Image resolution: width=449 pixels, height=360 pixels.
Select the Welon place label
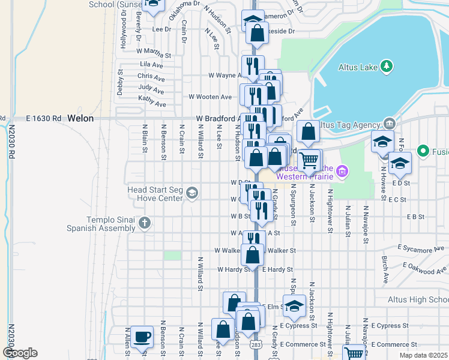[x=80, y=119]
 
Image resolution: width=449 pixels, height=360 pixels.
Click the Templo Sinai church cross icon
[x=144, y=224]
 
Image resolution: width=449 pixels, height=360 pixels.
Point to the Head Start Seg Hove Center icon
[x=191, y=193]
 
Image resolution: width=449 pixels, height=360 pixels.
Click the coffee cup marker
[x=142, y=338]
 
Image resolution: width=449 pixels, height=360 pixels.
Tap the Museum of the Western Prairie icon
[x=342, y=172]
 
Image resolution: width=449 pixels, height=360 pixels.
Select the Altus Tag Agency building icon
[x=388, y=124]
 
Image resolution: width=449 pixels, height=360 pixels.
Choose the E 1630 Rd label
[x=44, y=119]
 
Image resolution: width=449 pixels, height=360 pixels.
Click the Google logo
[x=19, y=353]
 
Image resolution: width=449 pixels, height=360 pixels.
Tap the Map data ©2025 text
[x=423, y=355]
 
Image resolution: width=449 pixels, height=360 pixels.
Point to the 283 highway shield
[x=256, y=346]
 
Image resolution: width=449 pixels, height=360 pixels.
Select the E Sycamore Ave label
[x=422, y=247]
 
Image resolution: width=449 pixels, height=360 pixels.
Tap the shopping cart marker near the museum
[x=309, y=161]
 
